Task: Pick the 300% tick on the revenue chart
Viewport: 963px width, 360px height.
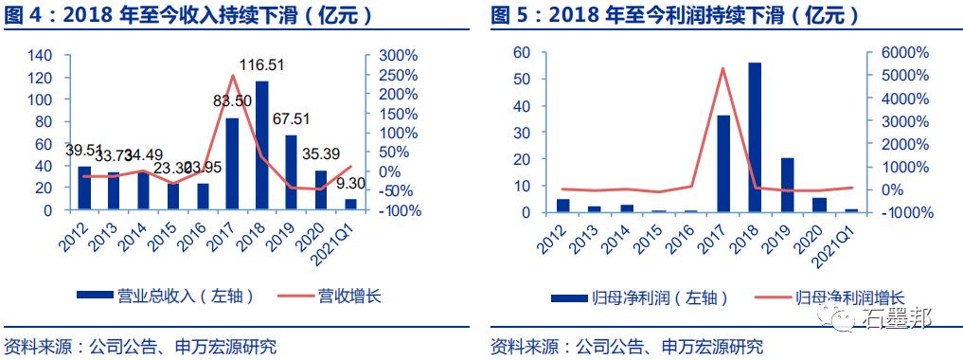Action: [x=393, y=55]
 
